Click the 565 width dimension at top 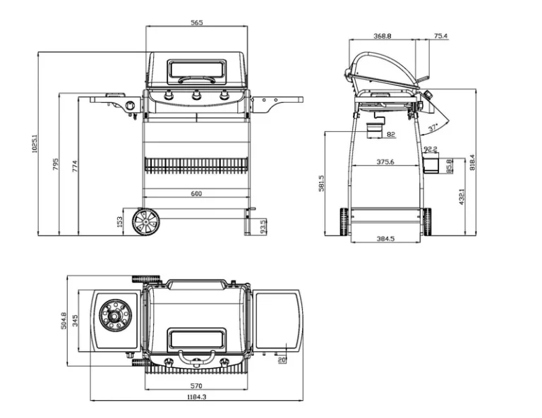(196, 23)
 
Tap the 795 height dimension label (54, 164)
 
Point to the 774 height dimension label (74, 166)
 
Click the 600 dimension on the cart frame (196, 193)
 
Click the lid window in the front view (196, 70)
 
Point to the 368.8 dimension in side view (383, 35)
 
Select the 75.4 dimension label (440, 35)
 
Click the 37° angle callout (433, 128)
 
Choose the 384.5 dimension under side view (385, 238)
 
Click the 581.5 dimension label (321, 183)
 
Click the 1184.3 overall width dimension (196, 397)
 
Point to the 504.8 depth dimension (64, 320)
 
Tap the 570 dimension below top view (196, 386)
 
